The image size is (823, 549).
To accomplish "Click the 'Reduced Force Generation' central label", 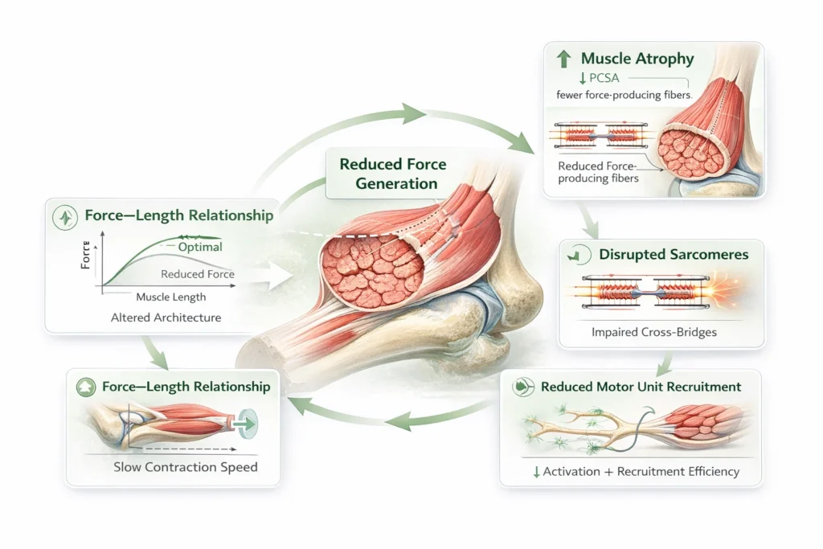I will tap(392, 174).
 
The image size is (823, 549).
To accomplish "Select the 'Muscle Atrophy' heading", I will tap(637, 59).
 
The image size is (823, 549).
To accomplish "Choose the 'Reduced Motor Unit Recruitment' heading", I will tap(641, 387).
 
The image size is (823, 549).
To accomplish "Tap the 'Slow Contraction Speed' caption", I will tap(186, 466).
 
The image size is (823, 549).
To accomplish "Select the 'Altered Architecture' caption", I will tap(166, 318).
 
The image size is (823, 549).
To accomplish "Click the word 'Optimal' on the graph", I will tap(200, 247).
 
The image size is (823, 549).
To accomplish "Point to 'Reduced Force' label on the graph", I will tap(198, 274).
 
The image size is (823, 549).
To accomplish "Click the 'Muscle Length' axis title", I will tap(170, 297).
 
